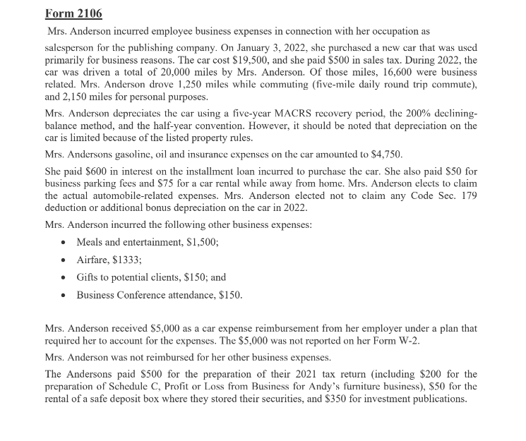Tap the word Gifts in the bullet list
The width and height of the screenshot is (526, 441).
point(88,277)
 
